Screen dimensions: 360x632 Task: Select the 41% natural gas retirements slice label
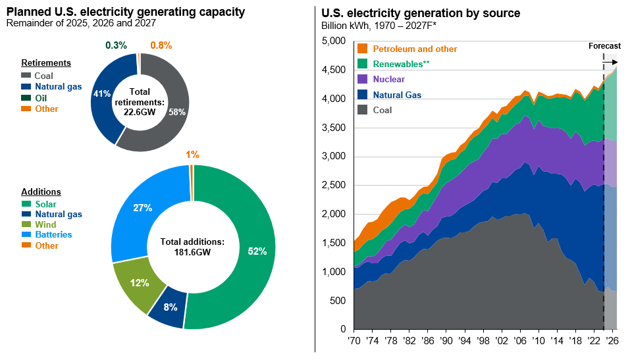101,94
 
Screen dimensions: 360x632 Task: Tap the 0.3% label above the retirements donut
116,45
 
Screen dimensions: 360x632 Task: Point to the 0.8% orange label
161,45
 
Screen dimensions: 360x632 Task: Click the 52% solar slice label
257,251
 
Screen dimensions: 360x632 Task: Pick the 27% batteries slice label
143,208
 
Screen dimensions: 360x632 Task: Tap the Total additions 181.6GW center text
194,247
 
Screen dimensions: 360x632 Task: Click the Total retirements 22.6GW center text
139,103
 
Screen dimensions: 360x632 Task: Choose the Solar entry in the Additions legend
46,204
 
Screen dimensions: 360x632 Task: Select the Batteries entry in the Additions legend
53,235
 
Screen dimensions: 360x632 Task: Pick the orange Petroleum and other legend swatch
361,49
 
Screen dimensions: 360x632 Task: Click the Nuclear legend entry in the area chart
388,80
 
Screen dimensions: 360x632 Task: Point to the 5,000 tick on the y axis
334,41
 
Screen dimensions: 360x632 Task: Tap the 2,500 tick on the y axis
334,186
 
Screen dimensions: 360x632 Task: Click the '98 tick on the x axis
483,341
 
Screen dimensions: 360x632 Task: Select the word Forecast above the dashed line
604,45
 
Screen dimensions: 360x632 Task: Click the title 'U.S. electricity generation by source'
421,13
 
